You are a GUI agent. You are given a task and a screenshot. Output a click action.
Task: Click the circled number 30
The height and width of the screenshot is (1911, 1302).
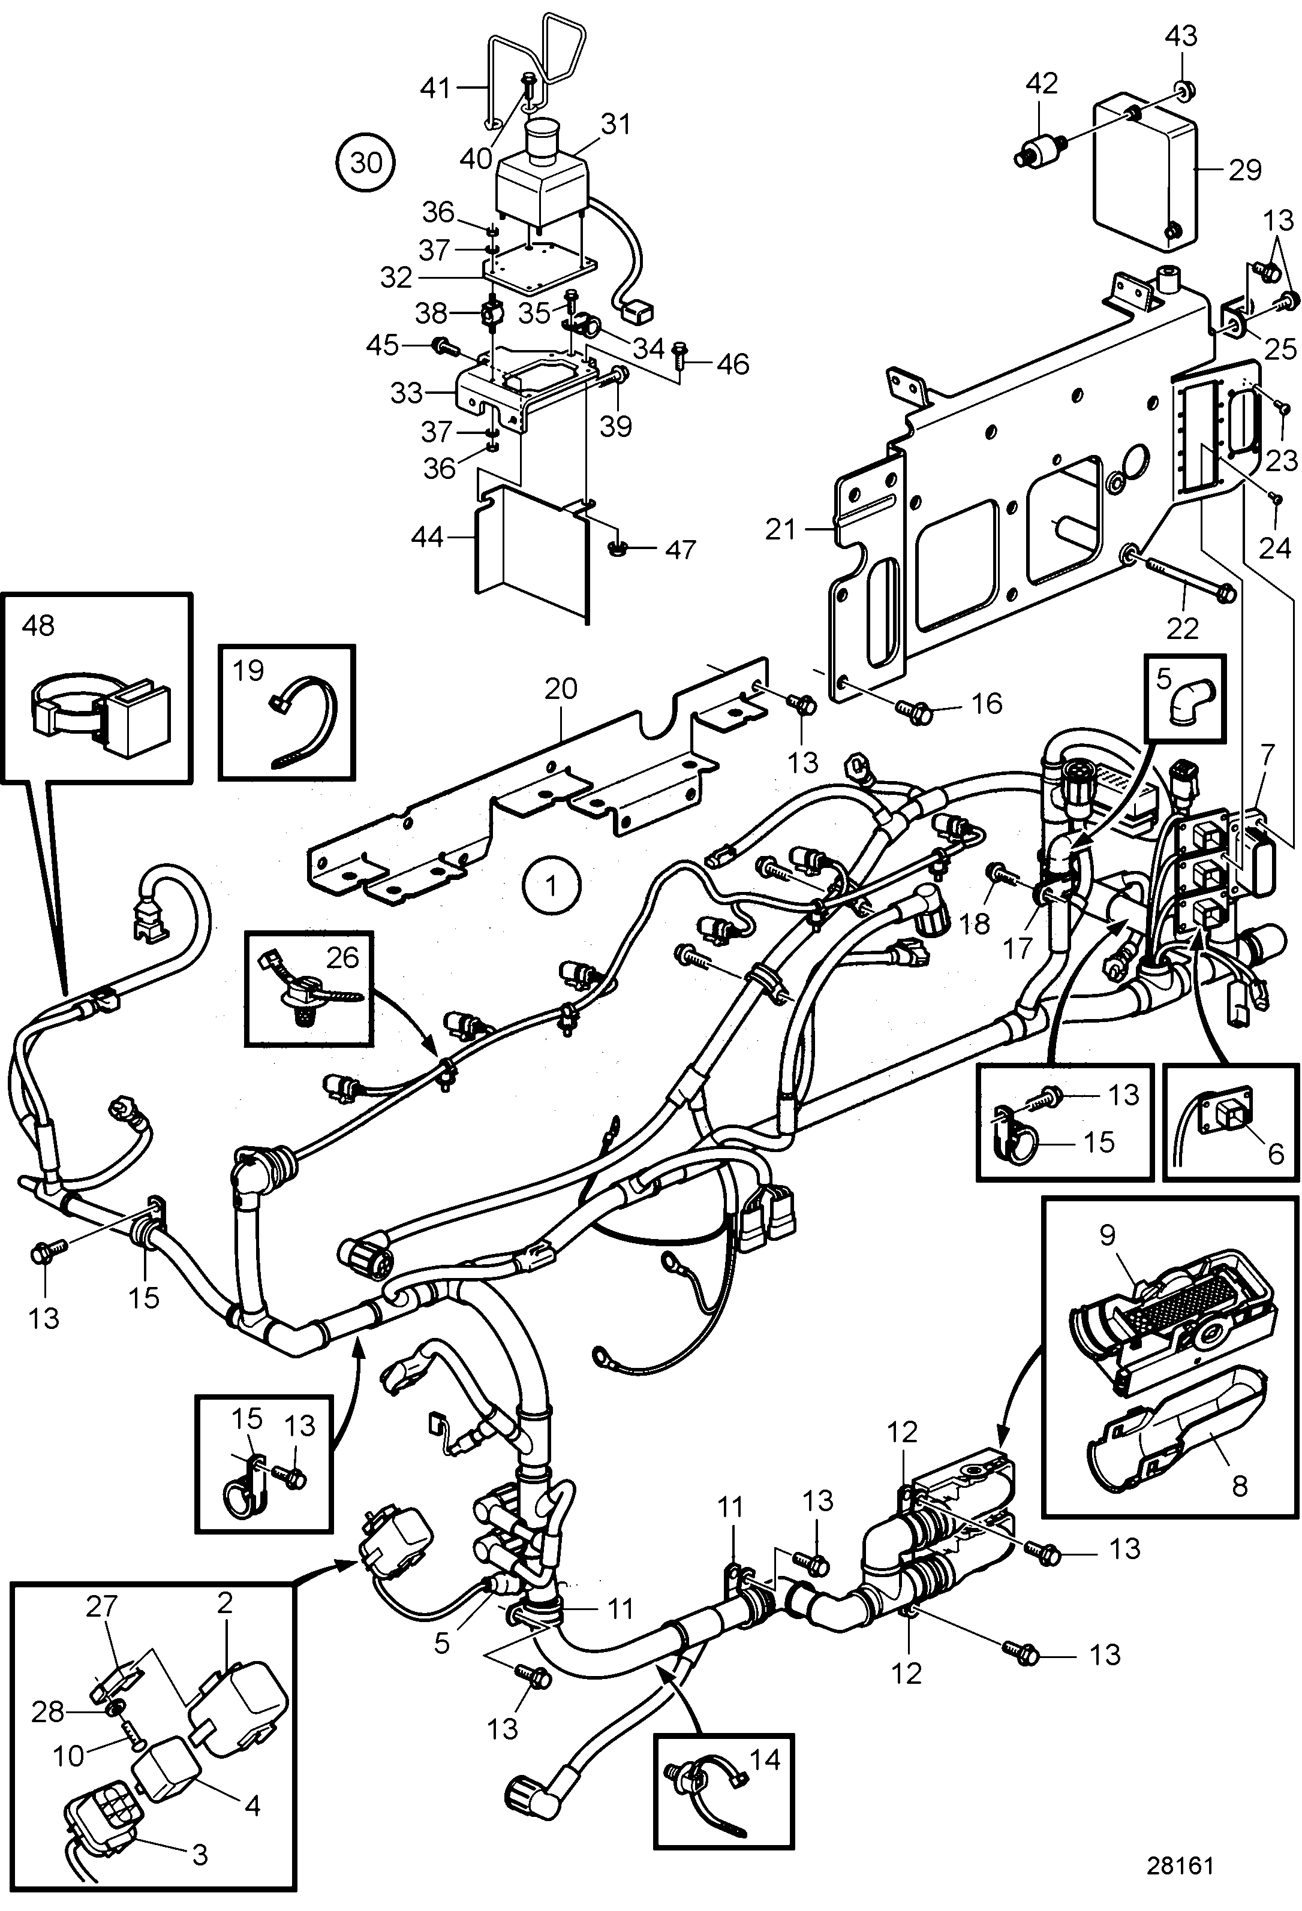tap(366, 163)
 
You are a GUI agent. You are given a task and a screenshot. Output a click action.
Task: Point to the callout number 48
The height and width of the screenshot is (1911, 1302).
tap(38, 626)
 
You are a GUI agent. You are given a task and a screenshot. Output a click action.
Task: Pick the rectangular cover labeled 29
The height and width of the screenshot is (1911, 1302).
tap(1145, 171)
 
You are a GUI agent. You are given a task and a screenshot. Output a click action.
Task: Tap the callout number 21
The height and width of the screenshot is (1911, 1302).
tap(781, 529)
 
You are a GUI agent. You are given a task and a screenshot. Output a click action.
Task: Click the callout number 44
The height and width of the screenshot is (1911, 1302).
tap(428, 538)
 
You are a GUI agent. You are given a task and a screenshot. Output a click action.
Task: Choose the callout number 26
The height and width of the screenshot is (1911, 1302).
tap(342, 957)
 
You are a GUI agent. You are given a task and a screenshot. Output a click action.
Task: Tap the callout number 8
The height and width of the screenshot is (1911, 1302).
tap(1240, 1485)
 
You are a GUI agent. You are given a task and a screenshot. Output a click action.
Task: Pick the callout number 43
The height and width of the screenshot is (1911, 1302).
tap(1182, 36)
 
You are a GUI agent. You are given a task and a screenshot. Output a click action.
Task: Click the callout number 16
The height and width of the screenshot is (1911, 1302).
tap(987, 703)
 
